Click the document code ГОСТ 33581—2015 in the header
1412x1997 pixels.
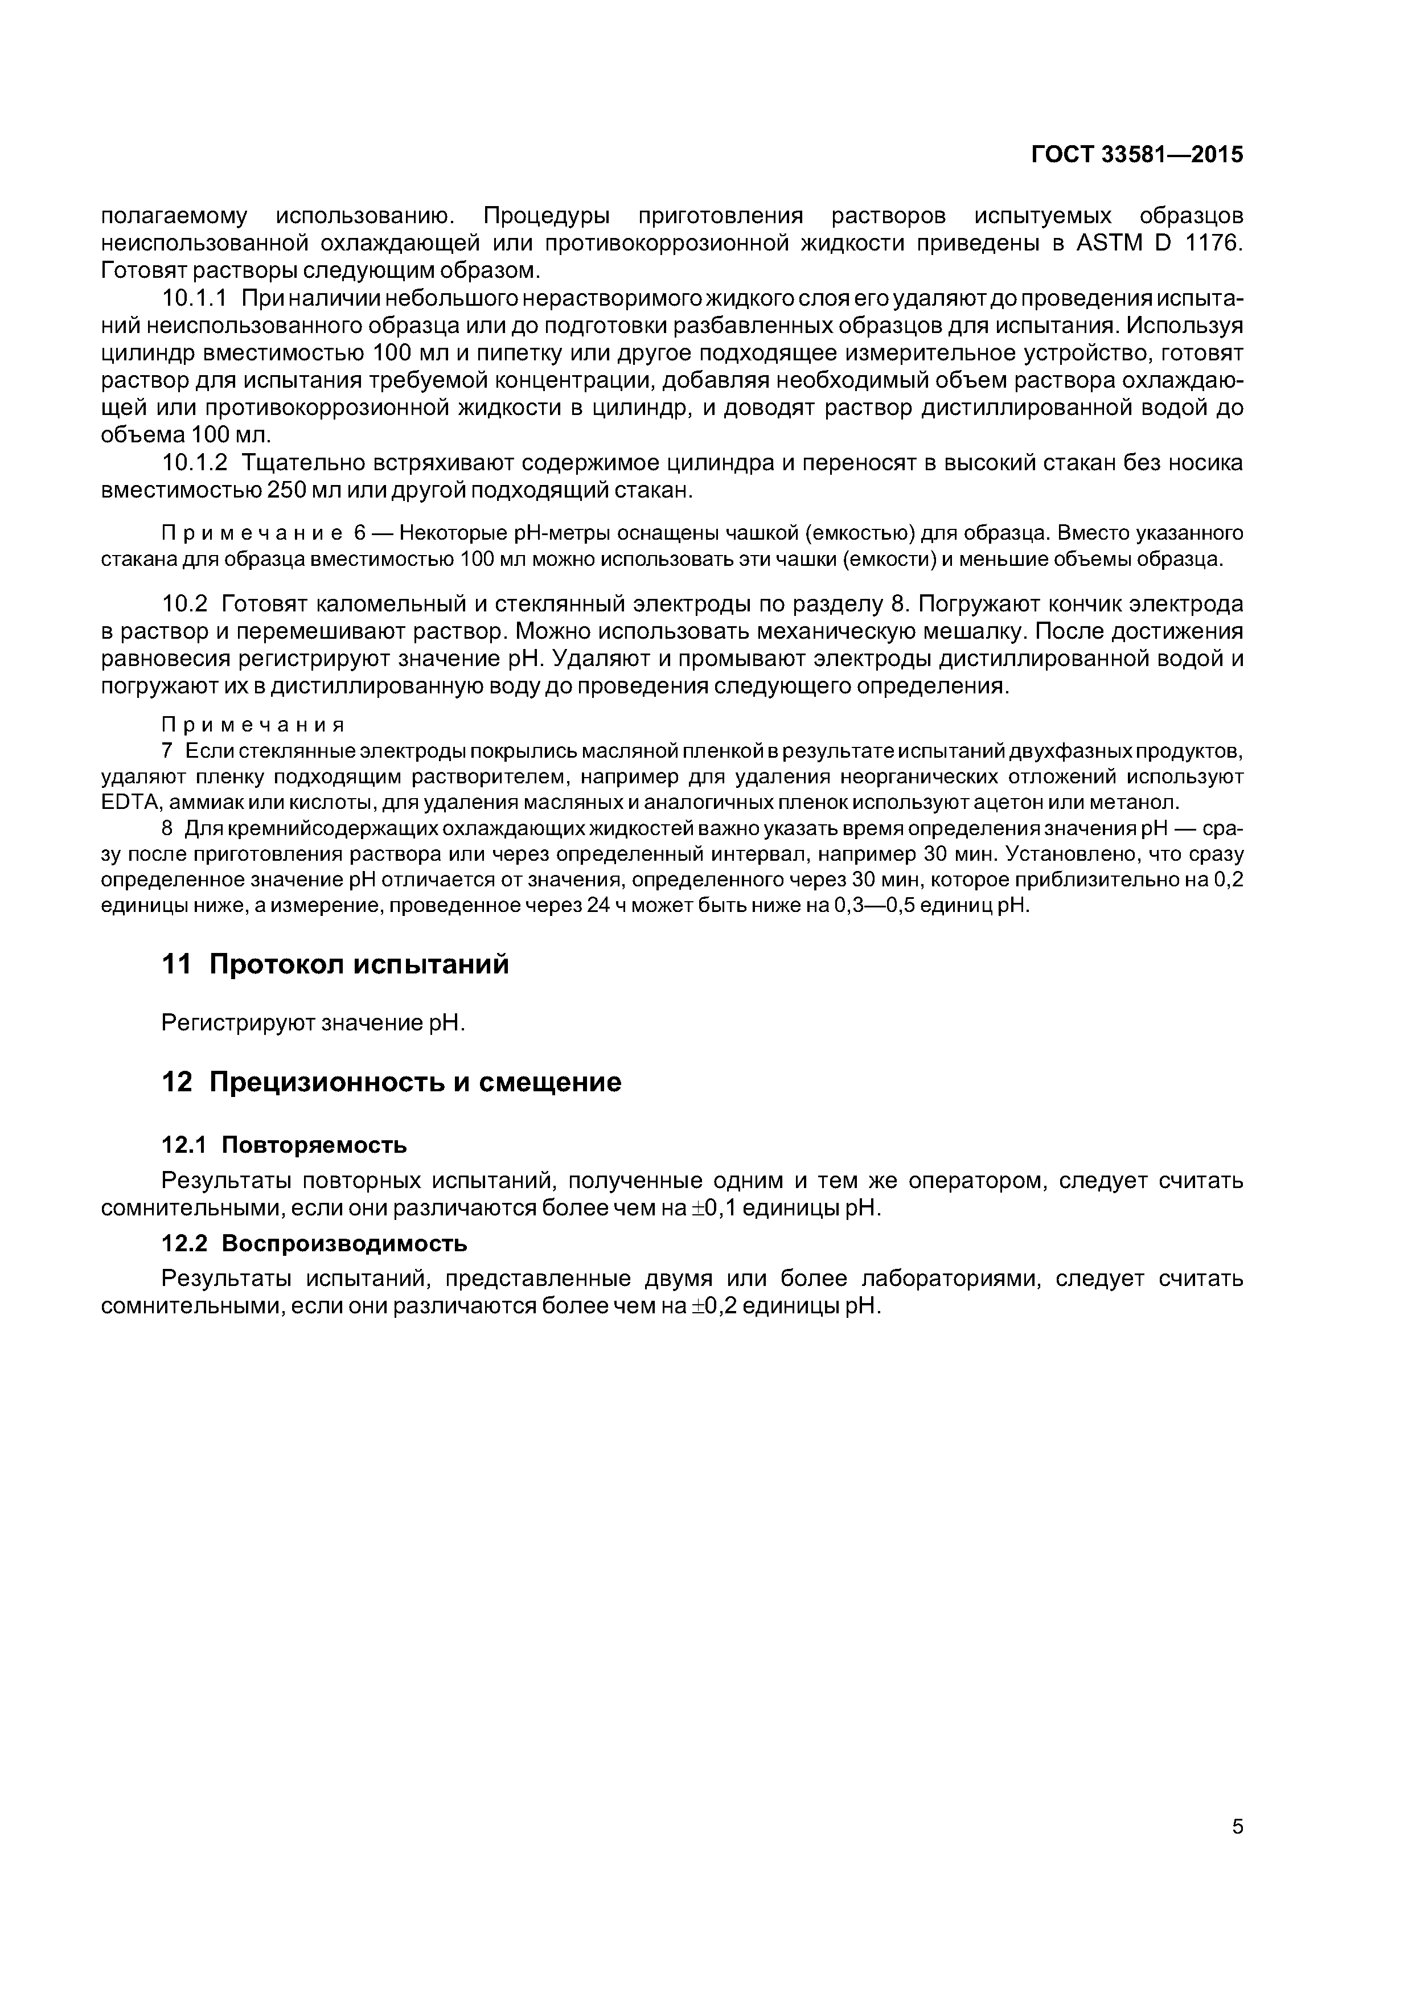1137,155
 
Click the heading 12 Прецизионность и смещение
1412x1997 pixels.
392,1082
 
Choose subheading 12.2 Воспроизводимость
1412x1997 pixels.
314,1244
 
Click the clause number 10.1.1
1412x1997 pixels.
195,298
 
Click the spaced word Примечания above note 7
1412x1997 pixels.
254,725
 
